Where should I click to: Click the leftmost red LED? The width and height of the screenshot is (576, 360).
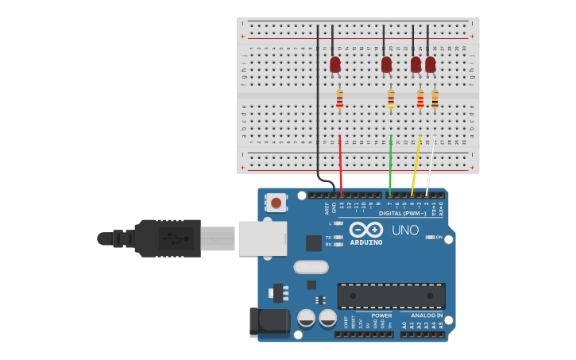click(335, 64)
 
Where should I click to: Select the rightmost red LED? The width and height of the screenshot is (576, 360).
click(431, 64)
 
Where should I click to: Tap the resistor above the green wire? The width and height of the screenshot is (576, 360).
click(391, 99)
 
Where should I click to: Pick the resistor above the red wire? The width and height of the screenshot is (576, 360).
click(340, 99)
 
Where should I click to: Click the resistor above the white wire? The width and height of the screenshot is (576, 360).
click(435, 99)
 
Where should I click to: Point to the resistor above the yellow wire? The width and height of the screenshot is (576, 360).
click(420, 99)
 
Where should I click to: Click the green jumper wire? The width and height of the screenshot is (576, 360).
click(390, 163)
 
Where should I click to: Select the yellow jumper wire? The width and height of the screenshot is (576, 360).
click(416, 163)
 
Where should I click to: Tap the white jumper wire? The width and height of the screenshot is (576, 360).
click(431, 163)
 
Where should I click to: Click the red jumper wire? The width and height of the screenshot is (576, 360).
click(341, 163)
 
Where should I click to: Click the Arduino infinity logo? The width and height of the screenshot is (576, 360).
click(366, 230)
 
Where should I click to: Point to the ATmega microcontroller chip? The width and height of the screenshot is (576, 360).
click(391, 296)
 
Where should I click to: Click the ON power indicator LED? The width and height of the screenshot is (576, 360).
click(430, 237)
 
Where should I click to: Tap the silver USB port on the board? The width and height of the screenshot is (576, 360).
click(262, 238)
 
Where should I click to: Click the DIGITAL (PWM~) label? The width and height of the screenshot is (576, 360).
click(400, 213)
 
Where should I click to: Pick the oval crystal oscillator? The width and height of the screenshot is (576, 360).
click(311, 267)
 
